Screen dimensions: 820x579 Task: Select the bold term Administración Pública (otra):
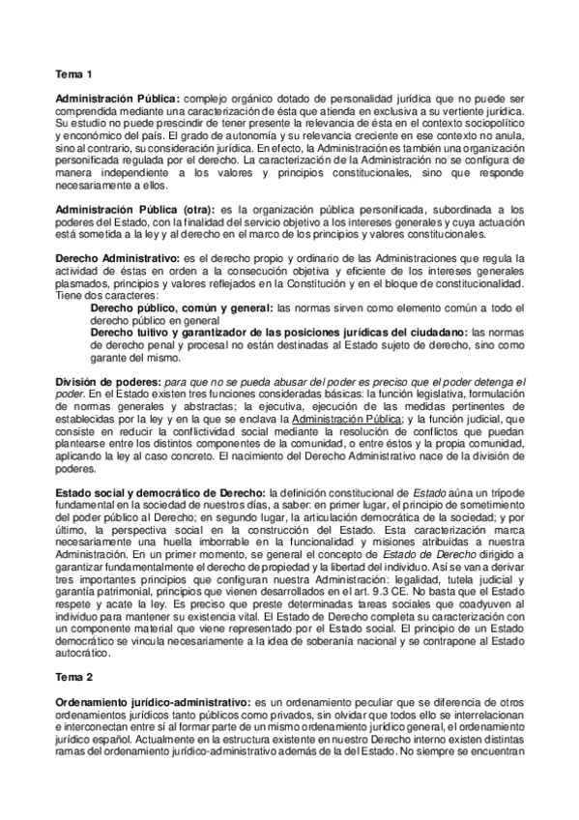[x=135, y=210]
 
